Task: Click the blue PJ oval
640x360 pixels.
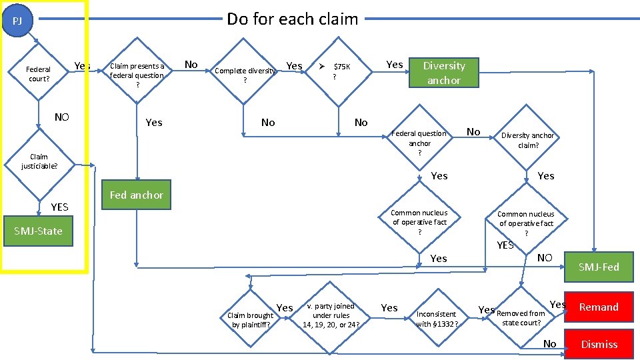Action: tap(18, 21)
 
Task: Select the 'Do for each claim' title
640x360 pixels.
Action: tap(292, 19)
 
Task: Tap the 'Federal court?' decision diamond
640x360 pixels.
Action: tap(39, 74)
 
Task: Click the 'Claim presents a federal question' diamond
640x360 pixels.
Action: tap(137, 75)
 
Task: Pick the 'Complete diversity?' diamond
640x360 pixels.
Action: tap(245, 75)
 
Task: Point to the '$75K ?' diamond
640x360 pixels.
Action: tap(339, 71)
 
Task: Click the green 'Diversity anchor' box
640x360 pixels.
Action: tap(444, 73)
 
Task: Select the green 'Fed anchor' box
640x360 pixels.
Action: tap(136, 195)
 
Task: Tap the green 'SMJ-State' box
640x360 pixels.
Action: tap(39, 231)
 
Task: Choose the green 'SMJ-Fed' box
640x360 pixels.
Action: tap(598, 267)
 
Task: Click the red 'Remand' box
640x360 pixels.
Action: tap(598, 307)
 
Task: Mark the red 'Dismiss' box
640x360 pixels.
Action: tap(599, 345)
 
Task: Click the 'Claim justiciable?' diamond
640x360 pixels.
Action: tap(39, 161)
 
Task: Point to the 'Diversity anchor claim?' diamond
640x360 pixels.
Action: tap(527, 140)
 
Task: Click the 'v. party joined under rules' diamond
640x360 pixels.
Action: tap(331, 315)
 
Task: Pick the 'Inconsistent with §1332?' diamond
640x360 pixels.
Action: tap(437, 319)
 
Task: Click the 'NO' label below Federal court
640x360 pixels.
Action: tap(61, 117)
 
